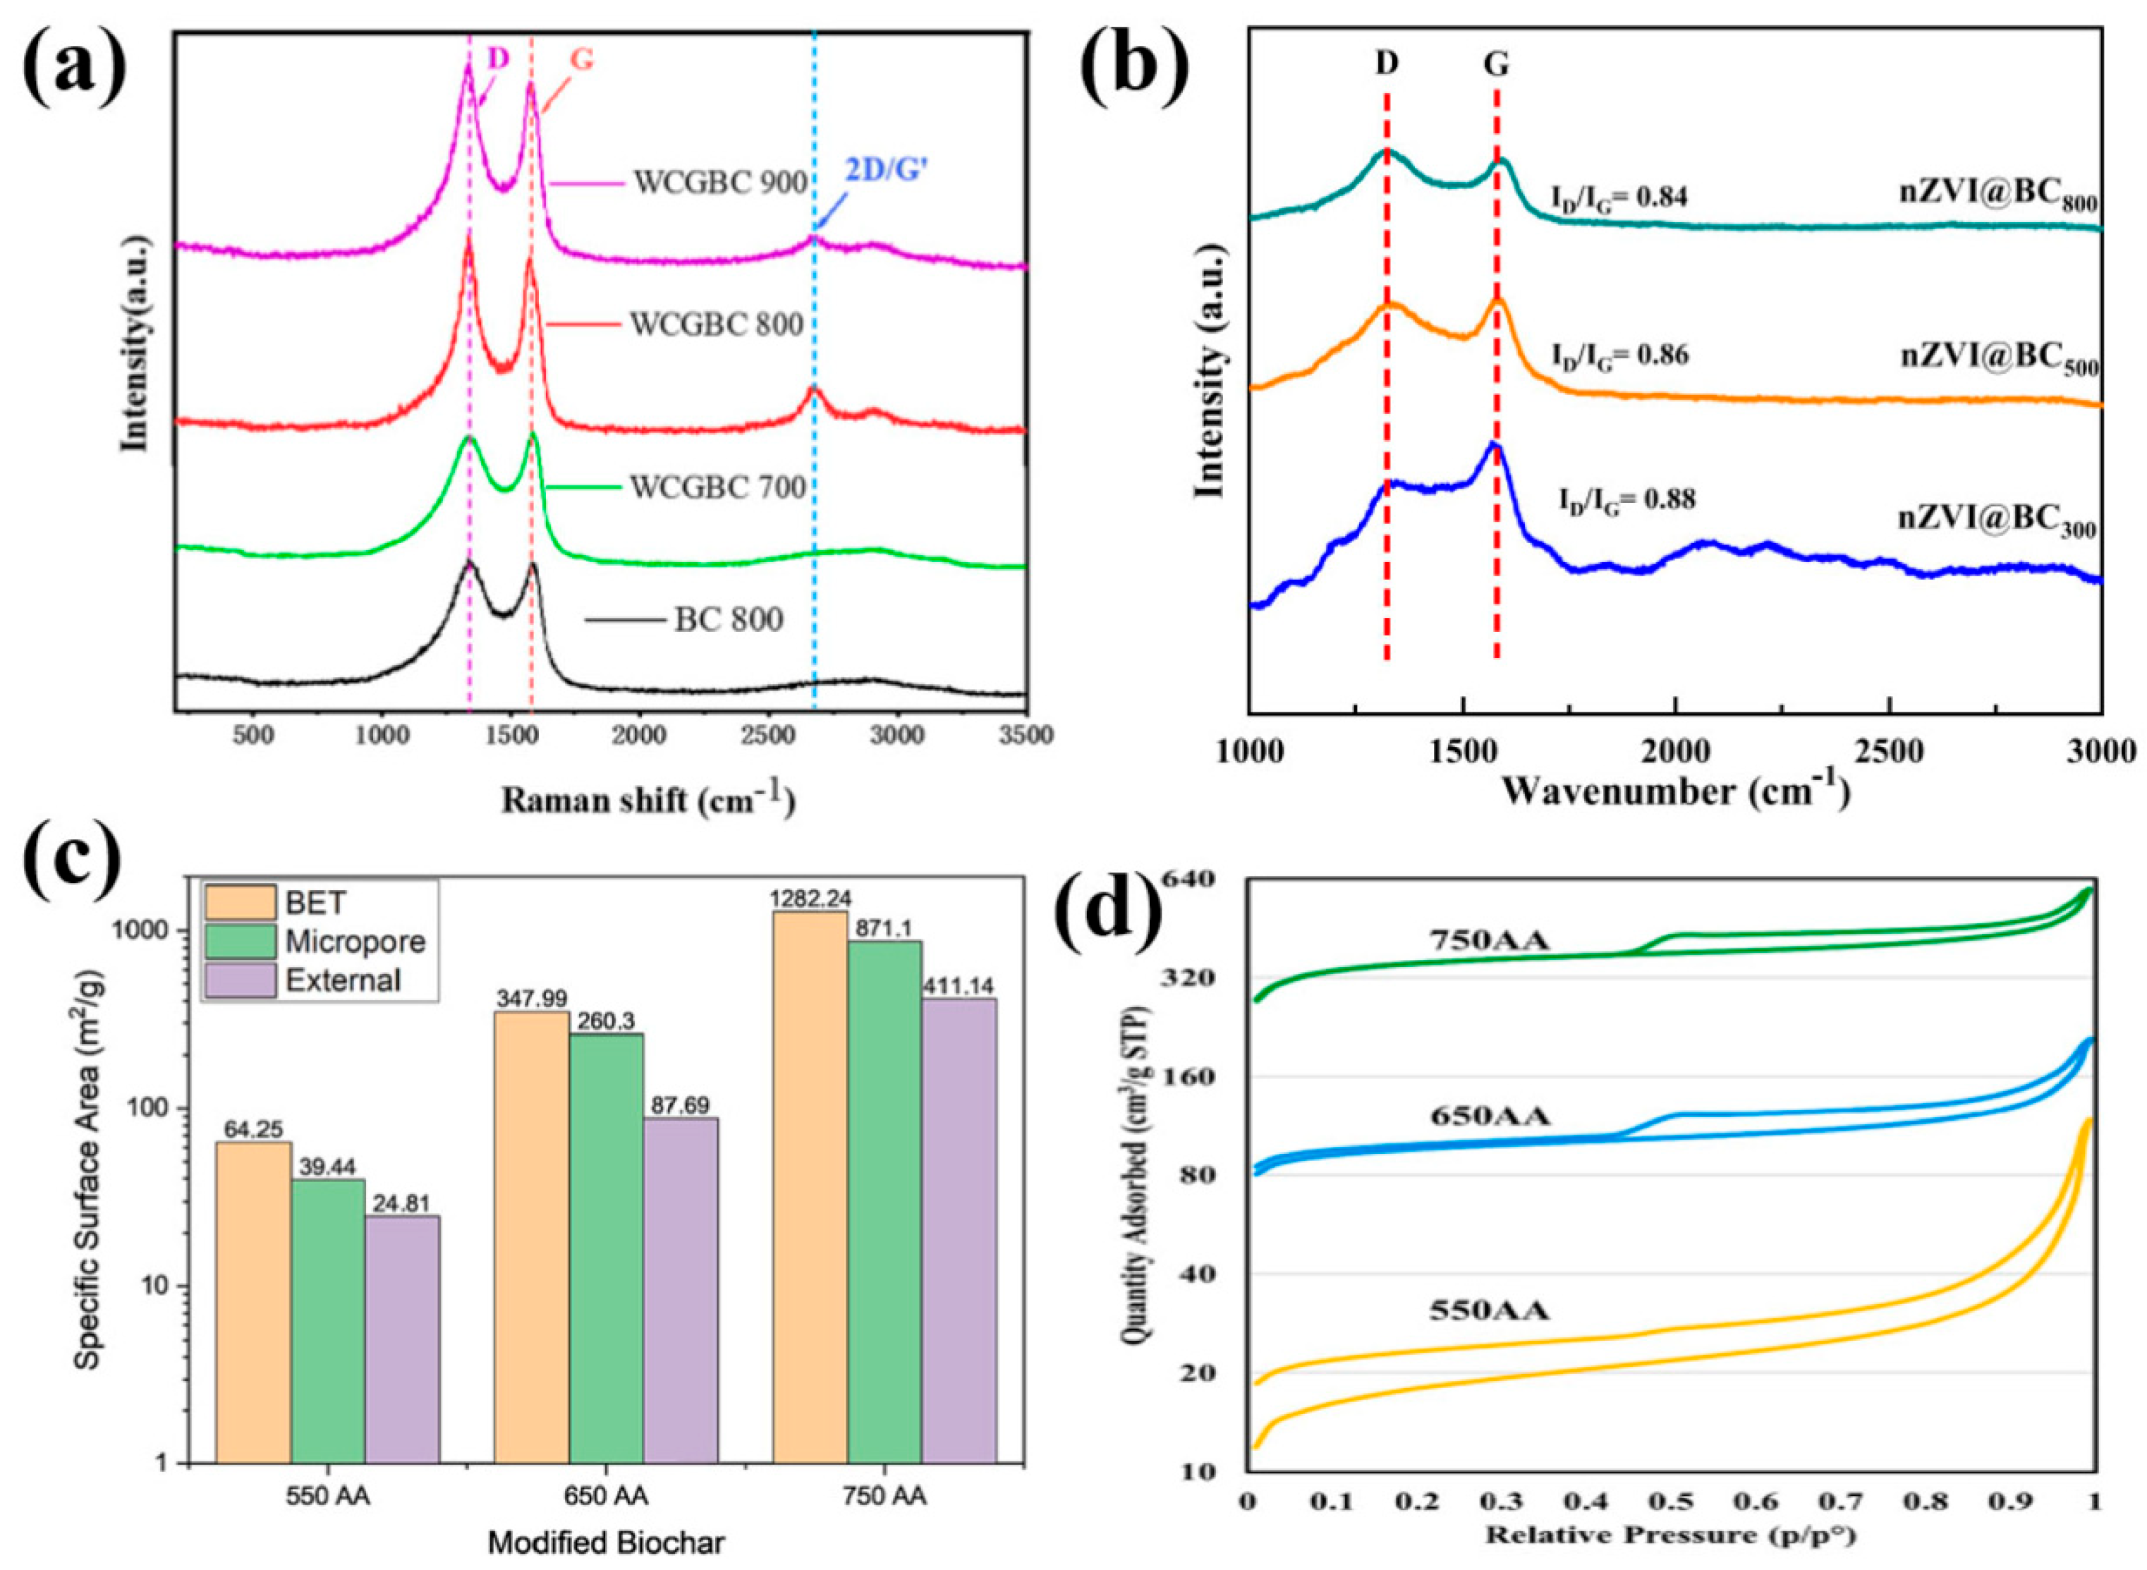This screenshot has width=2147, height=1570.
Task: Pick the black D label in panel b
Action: pos(1387,63)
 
